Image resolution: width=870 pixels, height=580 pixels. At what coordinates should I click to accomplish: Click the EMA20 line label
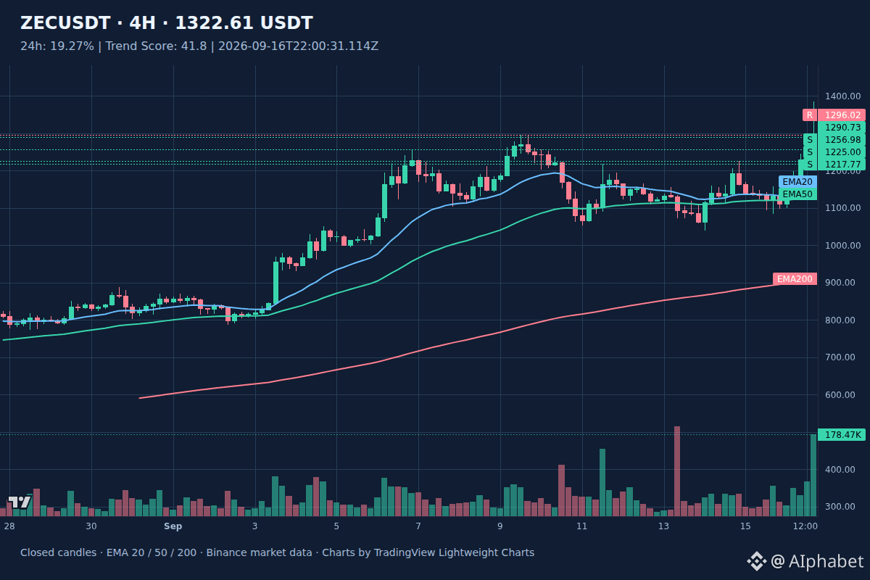[x=797, y=182]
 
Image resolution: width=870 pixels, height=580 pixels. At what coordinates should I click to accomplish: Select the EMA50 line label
[x=797, y=194]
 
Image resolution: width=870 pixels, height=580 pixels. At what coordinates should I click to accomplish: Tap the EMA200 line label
[x=795, y=279]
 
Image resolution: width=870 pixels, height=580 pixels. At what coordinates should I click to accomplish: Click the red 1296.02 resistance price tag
[x=842, y=115]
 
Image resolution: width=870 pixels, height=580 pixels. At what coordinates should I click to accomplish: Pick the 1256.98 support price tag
[x=842, y=140]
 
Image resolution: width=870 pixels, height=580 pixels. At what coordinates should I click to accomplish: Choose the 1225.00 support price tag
[x=842, y=152]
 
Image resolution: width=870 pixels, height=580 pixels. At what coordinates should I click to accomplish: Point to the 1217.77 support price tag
[x=842, y=165]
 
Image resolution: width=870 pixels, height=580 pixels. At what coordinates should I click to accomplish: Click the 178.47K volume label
[x=842, y=435]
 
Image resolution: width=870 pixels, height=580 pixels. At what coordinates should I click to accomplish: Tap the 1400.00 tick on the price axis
[x=842, y=96]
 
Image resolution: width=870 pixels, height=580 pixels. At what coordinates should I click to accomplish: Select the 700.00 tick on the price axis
[x=840, y=357]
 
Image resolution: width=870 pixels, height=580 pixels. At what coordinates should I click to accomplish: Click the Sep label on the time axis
[x=173, y=526]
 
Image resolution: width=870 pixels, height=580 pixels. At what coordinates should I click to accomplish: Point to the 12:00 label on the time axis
[x=805, y=526]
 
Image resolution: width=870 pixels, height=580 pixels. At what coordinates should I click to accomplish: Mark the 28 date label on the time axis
[x=9, y=526]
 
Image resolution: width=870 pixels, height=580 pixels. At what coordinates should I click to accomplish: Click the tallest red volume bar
[x=677, y=471]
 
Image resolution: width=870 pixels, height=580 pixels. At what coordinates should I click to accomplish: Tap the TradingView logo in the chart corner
[x=19, y=502]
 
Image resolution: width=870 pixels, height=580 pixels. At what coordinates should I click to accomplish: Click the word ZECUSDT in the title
[x=65, y=23]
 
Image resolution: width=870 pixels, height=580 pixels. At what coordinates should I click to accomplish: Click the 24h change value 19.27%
[x=72, y=46]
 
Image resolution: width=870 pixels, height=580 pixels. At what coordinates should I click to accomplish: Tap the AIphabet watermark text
[x=826, y=561]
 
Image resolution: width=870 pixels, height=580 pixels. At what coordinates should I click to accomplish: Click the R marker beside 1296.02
[x=810, y=115]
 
